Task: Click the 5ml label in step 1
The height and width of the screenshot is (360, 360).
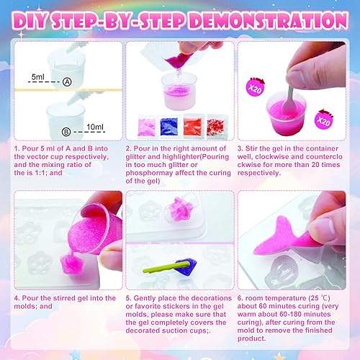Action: [38, 77]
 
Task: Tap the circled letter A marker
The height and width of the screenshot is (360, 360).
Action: [67, 82]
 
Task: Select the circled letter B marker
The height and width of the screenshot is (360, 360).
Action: [66, 132]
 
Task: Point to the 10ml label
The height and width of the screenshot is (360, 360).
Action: [95, 127]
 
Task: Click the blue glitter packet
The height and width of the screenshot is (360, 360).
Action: [169, 126]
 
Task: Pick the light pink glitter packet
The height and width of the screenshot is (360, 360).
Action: [147, 127]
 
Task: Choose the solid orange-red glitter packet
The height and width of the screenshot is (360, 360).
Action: [192, 126]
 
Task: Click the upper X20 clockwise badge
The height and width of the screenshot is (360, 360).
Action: [255, 87]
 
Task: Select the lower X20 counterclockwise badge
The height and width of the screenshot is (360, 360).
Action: [323, 120]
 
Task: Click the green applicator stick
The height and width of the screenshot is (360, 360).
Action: [166, 268]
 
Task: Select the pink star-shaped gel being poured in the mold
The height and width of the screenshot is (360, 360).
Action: [71, 264]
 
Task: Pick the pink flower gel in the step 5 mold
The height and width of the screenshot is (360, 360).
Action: [179, 208]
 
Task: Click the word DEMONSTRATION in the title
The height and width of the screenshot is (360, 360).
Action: [269, 21]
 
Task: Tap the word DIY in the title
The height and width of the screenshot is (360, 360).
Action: [30, 21]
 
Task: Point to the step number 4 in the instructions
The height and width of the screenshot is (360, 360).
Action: [16, 298]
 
